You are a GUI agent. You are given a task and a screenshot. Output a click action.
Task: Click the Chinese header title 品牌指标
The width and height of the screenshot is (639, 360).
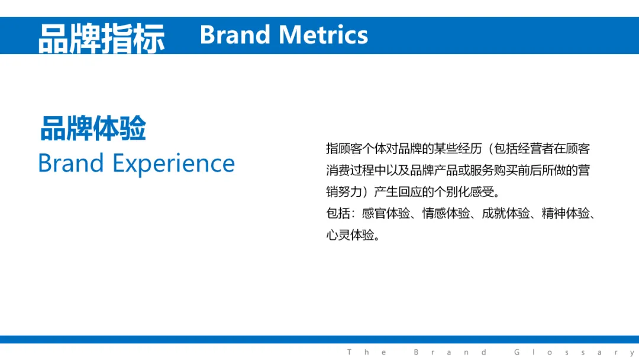coord(102,38)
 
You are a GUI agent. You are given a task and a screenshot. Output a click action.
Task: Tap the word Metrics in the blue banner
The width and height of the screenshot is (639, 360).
coord(324,35)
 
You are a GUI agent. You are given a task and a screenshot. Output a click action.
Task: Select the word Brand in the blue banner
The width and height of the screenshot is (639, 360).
coord(235,35)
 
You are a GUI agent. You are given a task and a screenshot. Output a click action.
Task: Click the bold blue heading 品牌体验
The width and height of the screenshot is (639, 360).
coord(93,128)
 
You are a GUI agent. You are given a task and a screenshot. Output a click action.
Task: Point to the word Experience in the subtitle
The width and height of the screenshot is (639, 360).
coord(173,164)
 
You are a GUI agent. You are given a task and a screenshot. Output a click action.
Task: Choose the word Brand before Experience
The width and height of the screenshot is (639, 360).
coord(71,163)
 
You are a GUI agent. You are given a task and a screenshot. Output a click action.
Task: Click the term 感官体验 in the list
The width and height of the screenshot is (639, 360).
coord(386,213)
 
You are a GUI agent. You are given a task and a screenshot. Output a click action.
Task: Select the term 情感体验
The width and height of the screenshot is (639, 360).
coord(446,213)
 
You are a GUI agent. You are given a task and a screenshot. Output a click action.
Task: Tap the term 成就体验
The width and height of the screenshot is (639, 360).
coord(506,213)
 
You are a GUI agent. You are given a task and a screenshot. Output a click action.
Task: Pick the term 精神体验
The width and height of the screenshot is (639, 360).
coord(566,213)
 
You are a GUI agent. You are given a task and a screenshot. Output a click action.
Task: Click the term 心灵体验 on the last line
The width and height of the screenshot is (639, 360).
coord(350,235)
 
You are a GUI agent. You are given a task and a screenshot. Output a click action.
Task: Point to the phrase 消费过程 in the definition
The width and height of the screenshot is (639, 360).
coord(350,170)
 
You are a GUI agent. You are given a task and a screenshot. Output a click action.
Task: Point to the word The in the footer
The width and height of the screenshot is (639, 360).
coord(366,352)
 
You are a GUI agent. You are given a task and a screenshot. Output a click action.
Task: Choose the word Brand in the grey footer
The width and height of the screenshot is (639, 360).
coord(450,352)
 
